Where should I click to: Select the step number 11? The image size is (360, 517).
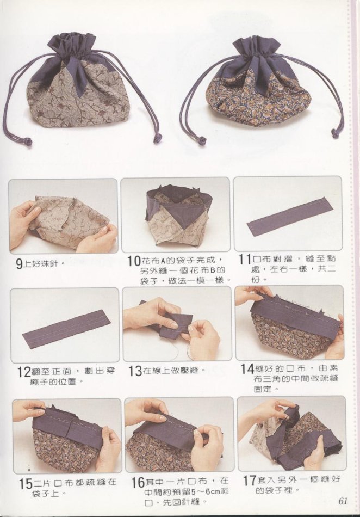(245, 260)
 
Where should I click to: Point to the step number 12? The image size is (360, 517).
(24, 373)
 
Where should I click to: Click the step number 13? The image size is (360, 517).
(135, 371)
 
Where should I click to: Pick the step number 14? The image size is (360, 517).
(247, 369)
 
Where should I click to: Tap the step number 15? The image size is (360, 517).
(26, 484)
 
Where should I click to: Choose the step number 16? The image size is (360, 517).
(138, 483)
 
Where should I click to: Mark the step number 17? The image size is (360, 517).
(249, 481)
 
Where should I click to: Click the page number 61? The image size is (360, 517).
(343, 501)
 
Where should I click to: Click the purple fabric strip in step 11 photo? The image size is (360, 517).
(287, 217)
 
